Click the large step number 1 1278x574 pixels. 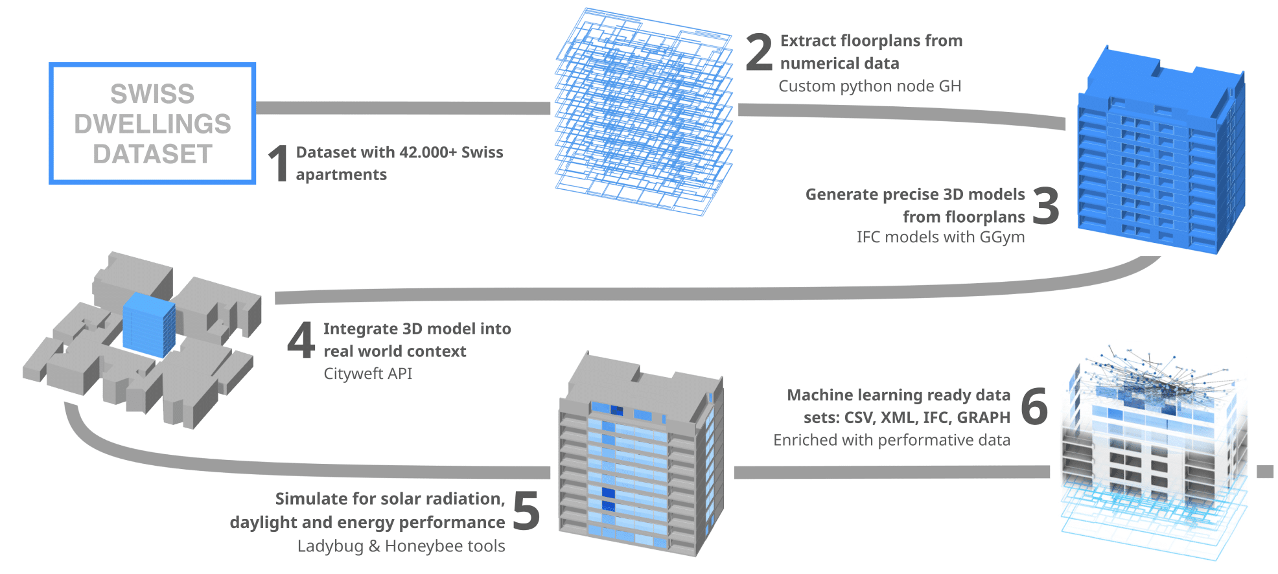tap(279, 163)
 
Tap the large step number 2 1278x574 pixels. tap(759, 52)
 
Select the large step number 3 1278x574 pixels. tap(1045, 205)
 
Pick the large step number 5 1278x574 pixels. tap(526, 511)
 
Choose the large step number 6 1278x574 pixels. tap(1034, 406)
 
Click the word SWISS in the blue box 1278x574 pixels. tap(152, 94)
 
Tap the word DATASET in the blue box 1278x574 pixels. tap(152, 154)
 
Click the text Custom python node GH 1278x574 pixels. tap(870, 86)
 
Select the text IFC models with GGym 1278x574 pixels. tap(940, 237)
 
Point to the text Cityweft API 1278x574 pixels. tap(367, 374)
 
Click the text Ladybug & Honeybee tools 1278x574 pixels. tap(401, 546)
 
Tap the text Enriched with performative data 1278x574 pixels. tap(891, 441)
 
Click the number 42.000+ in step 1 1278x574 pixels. tap(428, 152)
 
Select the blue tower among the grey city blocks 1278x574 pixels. tap(149, 324)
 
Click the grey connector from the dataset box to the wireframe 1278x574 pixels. tap(402, 108)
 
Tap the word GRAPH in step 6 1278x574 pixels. tap(983, 418)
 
